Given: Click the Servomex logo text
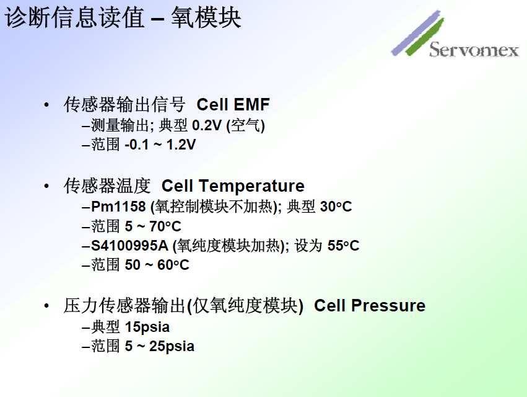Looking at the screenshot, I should [474, 50].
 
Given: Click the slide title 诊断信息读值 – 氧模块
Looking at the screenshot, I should [123, 18].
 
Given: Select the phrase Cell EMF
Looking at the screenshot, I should [233, 104].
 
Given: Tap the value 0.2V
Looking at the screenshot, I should [207, 125].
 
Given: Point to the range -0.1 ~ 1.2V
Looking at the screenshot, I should [160, 145].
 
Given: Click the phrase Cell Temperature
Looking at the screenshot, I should [233, 186].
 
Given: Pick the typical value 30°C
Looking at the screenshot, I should [336, 207].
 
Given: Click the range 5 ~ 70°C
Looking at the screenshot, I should [153, 226].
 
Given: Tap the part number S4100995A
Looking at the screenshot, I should [129, 246].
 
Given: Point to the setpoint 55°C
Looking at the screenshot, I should [343, 246].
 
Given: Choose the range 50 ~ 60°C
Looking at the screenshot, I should [157, 265].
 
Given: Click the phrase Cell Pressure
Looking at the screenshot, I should [370, 306].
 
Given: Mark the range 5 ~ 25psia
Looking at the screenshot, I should [159, 346].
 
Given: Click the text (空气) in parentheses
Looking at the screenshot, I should [245, 125].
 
